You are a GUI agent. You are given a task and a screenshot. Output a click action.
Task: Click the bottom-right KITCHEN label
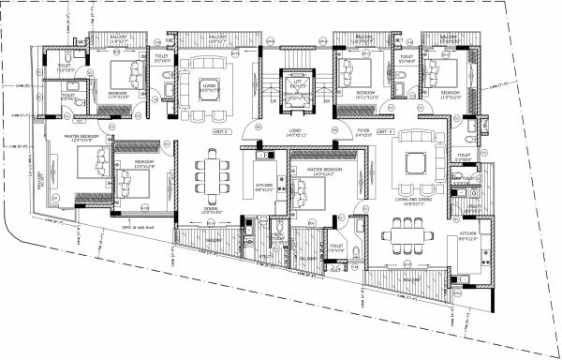(x=467, y=237)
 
